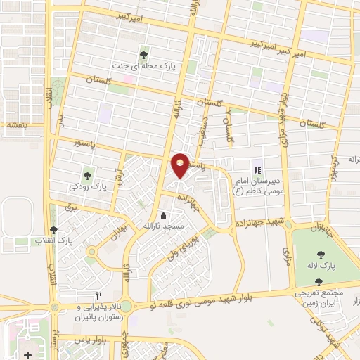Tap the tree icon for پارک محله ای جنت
coord(143,54)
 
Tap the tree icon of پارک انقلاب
coord(54,230)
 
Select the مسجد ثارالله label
coord(163,227)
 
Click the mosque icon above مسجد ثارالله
coord(163,215)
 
